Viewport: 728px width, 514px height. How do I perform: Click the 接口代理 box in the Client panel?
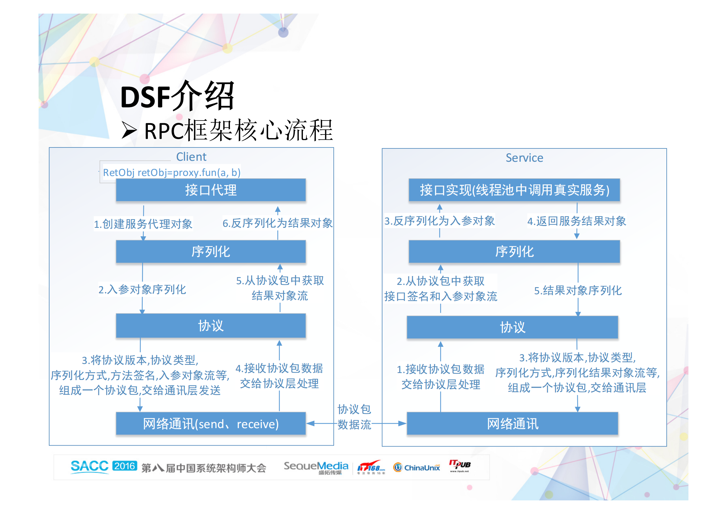point(211,190)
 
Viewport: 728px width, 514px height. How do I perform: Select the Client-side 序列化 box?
point(211,251)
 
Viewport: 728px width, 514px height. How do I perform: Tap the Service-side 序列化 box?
point(514,251)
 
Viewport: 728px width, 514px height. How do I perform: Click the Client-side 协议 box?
point(211,326)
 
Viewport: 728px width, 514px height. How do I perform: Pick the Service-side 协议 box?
point(512,327)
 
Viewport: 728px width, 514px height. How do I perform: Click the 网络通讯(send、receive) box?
point(211,424)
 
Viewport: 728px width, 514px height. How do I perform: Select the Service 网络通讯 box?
point(512,424)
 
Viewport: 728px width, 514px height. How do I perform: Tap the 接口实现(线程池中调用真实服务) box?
point(514,190)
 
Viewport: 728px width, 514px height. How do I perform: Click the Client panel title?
point(191,157)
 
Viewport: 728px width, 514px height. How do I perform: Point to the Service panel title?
point(524,158)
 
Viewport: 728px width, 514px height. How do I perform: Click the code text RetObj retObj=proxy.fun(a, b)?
point(172,172)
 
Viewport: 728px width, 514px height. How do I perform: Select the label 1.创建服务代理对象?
point(143,224)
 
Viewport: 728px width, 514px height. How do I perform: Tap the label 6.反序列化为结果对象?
point(277,223)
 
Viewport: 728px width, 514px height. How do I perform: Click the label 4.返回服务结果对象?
point(577,221)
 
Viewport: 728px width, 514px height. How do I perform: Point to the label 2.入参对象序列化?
point(142,289)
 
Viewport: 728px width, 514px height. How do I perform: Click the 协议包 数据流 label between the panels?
point(354,417)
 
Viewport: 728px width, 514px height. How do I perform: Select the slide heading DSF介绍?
point(177,96)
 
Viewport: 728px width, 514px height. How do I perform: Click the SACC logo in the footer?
point(90,466)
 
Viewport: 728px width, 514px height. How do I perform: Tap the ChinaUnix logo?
point(417,467)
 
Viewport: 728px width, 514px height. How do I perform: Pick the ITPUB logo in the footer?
point(459,465)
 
